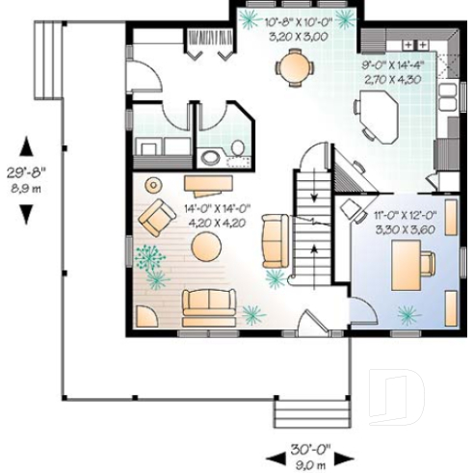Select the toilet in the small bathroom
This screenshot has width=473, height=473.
[x=211, y=158]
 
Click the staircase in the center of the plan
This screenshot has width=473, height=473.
[x=311, y=226]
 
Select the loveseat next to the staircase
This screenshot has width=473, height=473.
[x=275, y=241]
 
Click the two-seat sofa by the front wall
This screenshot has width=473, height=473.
[x=209, y=305]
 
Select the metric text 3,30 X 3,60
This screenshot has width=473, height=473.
[x=403, y=231]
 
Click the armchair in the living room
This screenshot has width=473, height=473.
[x=154, y=220]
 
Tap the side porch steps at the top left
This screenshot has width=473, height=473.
[x=47, y=60]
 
